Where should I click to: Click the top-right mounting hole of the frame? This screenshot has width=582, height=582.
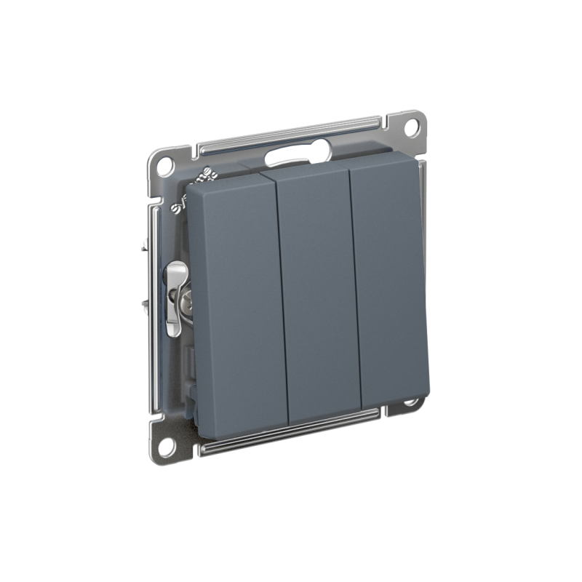[x=411, y=125]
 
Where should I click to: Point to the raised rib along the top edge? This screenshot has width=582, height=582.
[x=291, y=130]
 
